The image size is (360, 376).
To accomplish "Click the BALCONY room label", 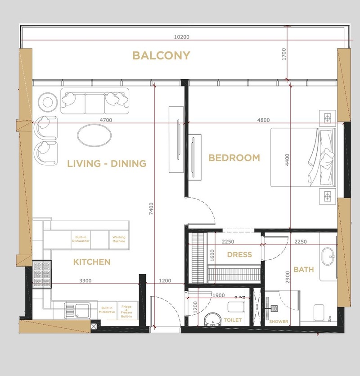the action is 161,55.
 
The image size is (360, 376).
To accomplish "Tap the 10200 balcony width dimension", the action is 181,37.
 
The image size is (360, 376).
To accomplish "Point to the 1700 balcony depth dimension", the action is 284,54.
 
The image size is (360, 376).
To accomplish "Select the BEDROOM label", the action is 234,158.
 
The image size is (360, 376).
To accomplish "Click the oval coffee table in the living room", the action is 94,135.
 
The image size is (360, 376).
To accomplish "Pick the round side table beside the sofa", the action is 48,102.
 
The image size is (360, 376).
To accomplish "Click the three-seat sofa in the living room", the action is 95,101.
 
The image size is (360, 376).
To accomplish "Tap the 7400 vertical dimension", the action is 151,208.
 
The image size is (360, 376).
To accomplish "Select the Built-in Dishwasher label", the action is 81,239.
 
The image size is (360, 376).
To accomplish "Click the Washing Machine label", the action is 119,239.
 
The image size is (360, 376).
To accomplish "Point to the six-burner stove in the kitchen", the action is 42,274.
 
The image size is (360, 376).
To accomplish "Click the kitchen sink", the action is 77,311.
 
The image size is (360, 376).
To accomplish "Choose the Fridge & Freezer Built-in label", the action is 126,312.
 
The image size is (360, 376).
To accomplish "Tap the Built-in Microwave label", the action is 107,310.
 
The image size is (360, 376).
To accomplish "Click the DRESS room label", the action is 239,254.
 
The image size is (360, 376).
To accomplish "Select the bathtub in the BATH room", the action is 328,257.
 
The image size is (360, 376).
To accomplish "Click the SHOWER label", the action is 279,322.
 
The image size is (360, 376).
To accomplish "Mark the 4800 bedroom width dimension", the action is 263,120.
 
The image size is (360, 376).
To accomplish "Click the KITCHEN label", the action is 92,262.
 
